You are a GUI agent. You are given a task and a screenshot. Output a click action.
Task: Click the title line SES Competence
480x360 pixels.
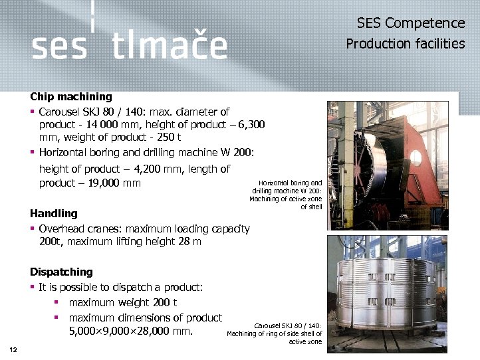[410, 23]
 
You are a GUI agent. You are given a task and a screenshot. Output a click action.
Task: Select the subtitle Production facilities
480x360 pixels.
[405, 44]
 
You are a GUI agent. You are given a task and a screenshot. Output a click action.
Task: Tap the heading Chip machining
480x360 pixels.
[71, 97]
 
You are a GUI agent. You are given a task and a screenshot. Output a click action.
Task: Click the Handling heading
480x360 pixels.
[54, 214]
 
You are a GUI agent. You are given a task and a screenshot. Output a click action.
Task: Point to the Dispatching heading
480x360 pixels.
[61, 272]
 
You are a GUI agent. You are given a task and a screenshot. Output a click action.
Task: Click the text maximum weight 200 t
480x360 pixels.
[123, 303]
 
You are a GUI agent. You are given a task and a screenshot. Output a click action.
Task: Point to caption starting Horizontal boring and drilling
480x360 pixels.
[287, 195]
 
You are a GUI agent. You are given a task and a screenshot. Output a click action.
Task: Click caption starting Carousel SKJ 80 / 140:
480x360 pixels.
[275, 333]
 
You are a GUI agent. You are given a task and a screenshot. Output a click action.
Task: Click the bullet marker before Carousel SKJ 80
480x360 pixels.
[33, 112]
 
